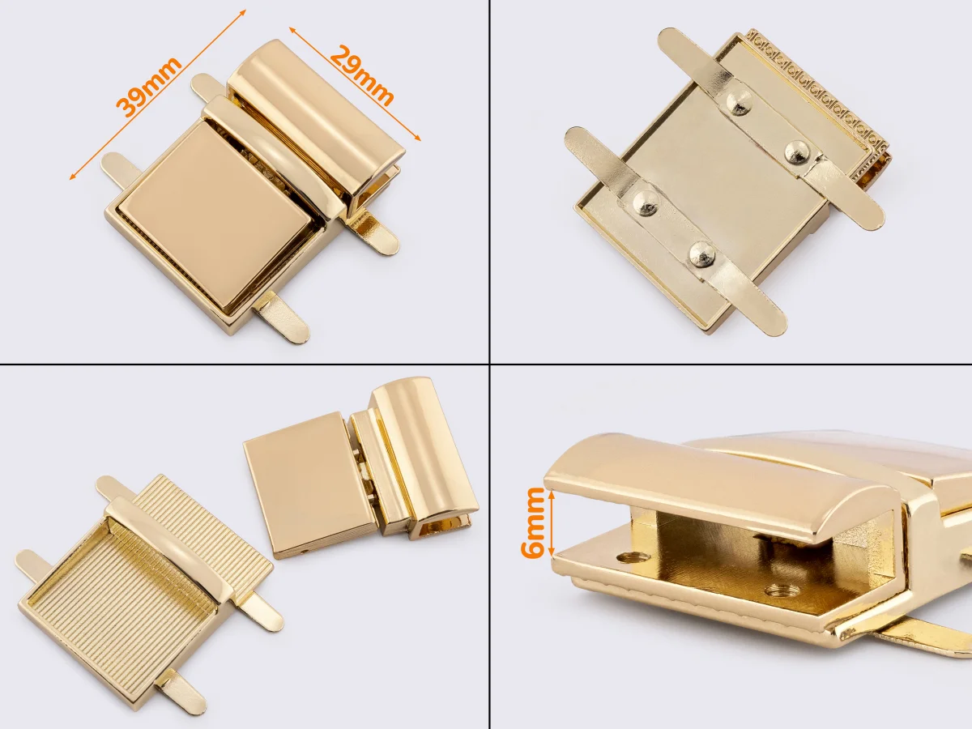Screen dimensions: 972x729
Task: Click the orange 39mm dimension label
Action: tap(149, 87)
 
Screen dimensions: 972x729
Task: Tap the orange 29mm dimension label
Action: tap(362, 75)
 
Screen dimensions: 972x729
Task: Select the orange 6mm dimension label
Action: tap(532, 522)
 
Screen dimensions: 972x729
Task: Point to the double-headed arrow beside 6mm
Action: tap(552, 522)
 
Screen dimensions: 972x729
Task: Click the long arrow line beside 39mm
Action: tap(158, 94)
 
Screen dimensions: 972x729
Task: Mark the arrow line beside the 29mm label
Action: tap(355, 83)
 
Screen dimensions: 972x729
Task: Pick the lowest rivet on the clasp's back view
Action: tap(702, 254)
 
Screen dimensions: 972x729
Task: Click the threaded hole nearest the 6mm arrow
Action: tap(632, 557)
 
